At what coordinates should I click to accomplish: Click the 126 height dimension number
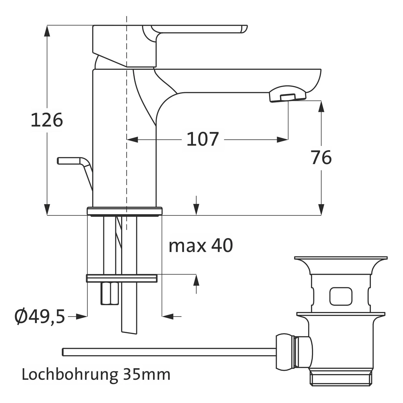point(47,120)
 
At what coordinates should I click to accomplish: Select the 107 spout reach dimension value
point(203,139)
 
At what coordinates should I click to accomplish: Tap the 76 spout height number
point(321,157)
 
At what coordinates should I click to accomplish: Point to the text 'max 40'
point(201,245)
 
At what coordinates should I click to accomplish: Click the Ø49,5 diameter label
point(40,316)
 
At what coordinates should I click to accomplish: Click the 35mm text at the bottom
point(147,374)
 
